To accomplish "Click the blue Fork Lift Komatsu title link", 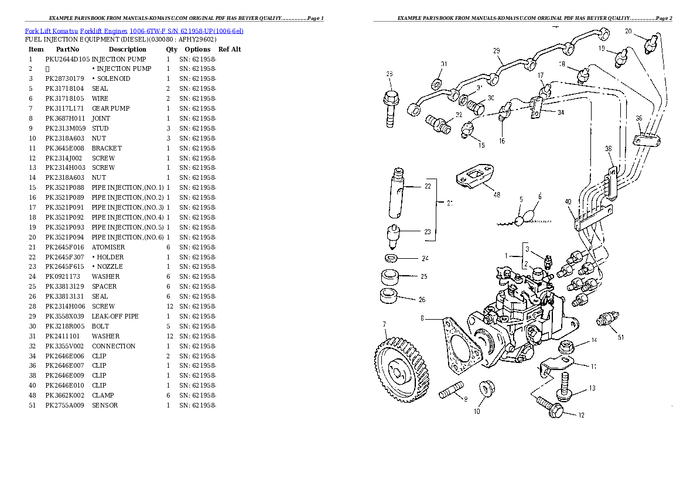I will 134,30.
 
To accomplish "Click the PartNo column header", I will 67,49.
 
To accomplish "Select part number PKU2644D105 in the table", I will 67,59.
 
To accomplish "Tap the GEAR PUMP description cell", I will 111,108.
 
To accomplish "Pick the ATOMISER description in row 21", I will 108,247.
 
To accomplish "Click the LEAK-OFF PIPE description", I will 115,316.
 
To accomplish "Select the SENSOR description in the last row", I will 105,405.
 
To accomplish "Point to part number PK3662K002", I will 65,395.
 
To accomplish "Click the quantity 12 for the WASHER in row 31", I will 169,336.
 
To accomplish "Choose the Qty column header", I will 171,49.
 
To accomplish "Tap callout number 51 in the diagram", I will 621,337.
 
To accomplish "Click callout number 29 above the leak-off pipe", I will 497,52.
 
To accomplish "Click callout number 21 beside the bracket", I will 450,204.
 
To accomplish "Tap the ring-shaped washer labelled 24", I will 391,258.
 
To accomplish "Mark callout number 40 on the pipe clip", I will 568,202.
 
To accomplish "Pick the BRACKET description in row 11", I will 107,148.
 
